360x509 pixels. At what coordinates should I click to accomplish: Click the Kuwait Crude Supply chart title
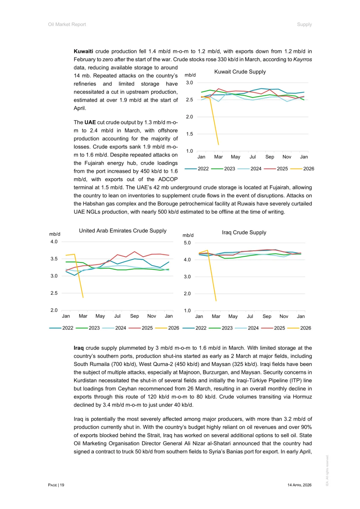point(240,72)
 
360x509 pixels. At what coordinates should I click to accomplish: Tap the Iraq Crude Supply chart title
point(244,232)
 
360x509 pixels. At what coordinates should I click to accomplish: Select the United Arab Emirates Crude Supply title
point(123,231)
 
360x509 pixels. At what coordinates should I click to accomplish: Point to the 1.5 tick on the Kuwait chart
point(189,134)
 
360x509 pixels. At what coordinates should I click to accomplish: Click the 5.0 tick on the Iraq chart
point(187,243)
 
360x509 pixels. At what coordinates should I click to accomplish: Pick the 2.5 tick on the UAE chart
point(54,293)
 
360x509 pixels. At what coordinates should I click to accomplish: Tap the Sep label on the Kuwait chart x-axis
point(270,157)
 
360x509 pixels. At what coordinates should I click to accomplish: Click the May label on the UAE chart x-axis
point(100,316)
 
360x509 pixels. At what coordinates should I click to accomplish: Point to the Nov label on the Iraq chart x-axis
point(284,316)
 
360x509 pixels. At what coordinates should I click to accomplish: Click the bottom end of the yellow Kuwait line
point(218,144)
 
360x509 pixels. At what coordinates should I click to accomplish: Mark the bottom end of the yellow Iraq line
point(216,301)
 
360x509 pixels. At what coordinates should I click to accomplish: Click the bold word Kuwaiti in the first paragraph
point(83,51)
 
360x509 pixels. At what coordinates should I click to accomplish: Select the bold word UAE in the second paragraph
point(90,122)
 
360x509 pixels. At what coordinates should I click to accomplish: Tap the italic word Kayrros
point(302,59)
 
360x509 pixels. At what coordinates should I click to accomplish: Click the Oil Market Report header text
point(67,24)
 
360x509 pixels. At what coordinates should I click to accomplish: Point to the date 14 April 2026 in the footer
point(299,485)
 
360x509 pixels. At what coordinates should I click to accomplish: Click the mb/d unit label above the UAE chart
point(55,234)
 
